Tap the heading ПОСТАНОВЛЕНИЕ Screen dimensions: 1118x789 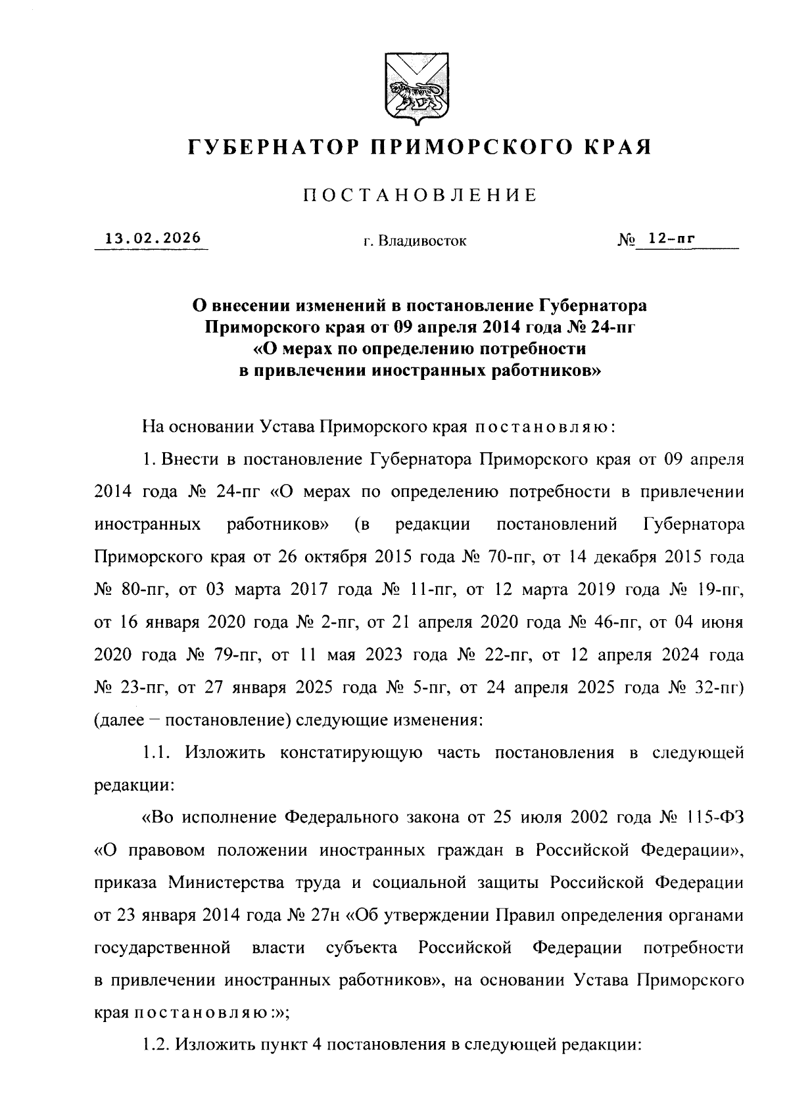(419, 195)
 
